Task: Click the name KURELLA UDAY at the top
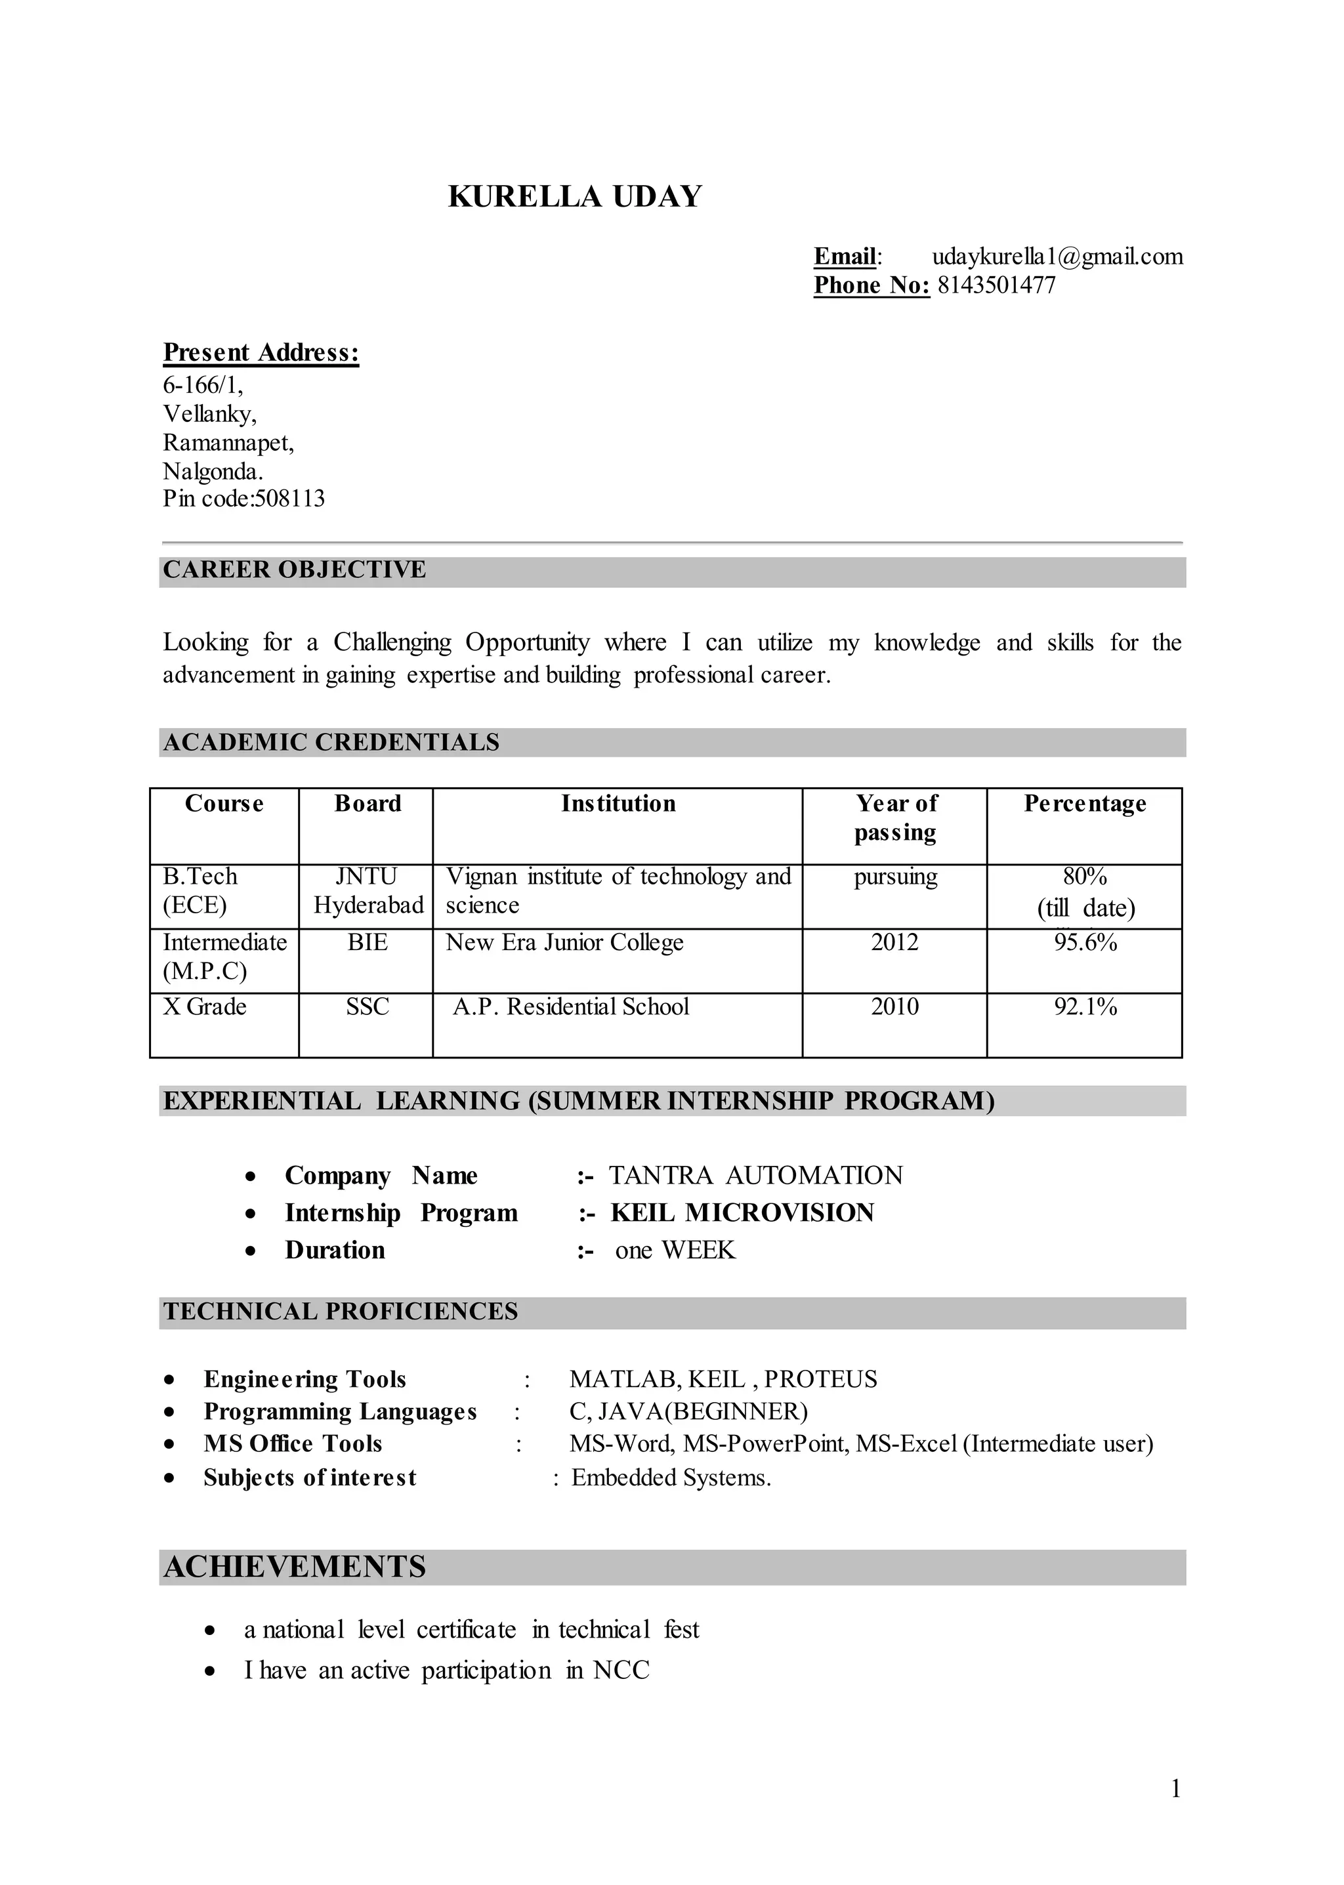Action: tap(574, 197)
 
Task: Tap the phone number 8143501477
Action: tap(996, 285)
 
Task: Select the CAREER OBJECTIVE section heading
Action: tap(294, 570)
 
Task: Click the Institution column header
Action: tap(618, 804)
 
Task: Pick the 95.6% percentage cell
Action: tap(1084, 942)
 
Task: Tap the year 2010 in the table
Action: tap(894, 1007)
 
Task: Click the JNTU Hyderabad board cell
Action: tap(367, 890)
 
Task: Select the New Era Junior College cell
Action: tap(564, 942)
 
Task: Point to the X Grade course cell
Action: tap(204, 1007)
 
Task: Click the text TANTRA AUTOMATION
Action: tap(755, 1176)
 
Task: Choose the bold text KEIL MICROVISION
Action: tap(742, 1213)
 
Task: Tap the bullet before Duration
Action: tap(251, 1252)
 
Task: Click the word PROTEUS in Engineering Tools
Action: tap(820, 1379)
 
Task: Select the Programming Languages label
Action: tap(340, 1412)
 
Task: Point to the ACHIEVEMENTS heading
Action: tap(295, 1567)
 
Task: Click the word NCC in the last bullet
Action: tap(621, 1670)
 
